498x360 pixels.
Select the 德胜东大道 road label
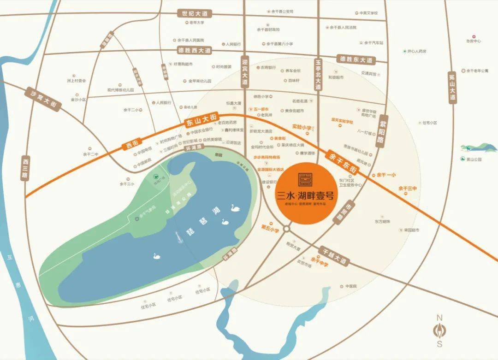click(x=356, y=59)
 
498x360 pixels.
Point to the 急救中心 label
click(x=473, y=41)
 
